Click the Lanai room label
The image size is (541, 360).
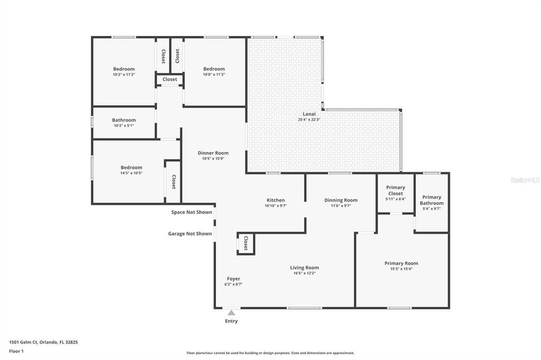309,114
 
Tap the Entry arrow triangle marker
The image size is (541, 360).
231,313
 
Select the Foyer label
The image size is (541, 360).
234,279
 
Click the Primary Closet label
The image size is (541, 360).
395,190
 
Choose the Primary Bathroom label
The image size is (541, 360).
432,200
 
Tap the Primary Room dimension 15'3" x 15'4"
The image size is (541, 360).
401,269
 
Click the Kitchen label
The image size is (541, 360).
275,200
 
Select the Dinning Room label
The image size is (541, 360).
341,200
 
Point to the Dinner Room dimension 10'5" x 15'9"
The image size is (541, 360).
213,158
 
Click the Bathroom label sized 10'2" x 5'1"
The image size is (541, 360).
124,120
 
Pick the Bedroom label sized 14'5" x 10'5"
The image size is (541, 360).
131,167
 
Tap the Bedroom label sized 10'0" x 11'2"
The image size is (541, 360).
214,69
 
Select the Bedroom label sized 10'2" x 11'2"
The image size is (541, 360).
124,69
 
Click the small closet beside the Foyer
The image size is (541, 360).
246,243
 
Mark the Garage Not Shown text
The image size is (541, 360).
190,233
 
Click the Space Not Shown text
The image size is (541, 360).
191,212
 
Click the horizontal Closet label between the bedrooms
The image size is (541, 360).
170,79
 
